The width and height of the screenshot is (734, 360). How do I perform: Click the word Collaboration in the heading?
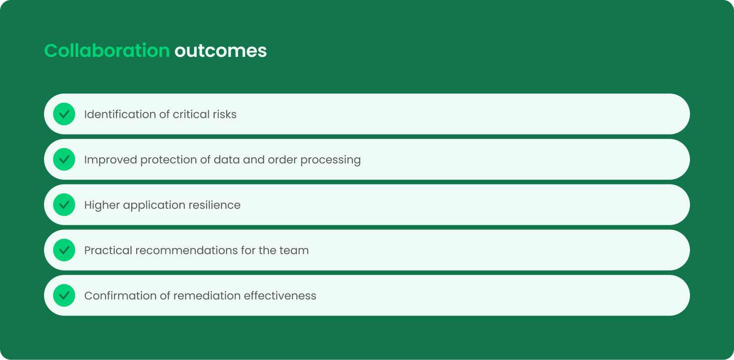[x=107, y=51]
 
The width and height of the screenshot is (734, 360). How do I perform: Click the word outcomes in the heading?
[x=221, y=51]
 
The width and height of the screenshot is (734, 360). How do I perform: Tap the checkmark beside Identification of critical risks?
[x=64, y=114]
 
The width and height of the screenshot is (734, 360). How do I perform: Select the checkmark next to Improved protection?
[x=64, y=159]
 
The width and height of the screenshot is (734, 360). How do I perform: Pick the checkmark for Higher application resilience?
[x=64, y=205]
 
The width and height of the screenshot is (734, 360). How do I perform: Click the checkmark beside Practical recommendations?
[x=64, y=250]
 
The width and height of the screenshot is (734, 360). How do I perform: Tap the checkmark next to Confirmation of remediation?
[x=64, y=295]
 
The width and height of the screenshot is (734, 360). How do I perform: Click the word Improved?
[x=111, y=160]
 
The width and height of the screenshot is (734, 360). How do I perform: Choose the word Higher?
[x=102, y=205]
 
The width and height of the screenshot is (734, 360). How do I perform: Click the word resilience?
[x=214, y=205]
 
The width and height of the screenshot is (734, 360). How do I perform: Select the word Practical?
[x=108, y=250]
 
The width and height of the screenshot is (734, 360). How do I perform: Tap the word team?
[x=294, y=250]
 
